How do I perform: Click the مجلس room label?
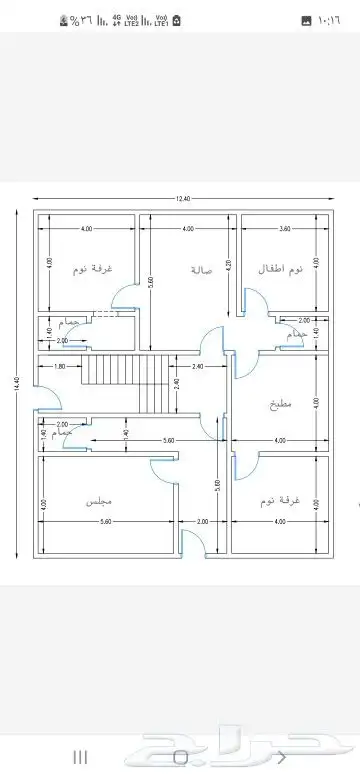[98, 499]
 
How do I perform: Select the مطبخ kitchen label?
[279, 405]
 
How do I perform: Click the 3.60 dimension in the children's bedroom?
[285, 229]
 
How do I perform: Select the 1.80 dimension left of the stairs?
[60, 366]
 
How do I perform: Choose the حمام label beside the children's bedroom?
[293, 336]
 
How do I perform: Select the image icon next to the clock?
[306, 20]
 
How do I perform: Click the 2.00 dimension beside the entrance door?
[202, 521]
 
